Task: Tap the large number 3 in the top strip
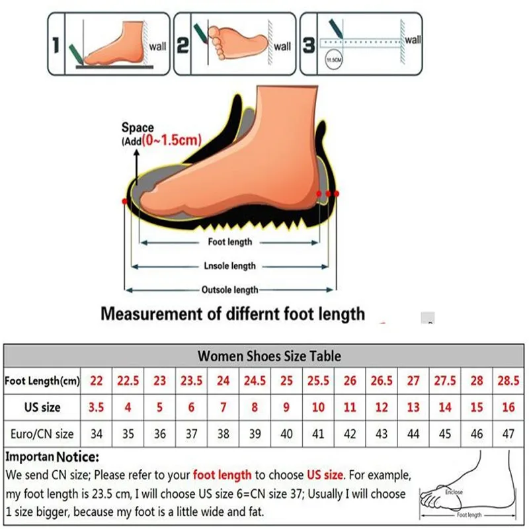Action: (308, 45)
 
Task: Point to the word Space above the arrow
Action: (138, 128)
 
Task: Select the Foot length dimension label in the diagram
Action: (230, 242)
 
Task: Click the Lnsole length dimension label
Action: (229, 266)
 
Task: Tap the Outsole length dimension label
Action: (229, 290)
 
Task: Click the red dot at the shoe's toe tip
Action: (125, 200)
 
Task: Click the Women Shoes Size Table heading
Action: (269, 356)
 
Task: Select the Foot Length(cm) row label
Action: (42, 381)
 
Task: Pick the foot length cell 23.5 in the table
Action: (192, 381)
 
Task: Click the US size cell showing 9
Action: (286, 407)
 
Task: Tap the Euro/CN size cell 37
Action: (192, 434)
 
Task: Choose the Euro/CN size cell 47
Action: (508, 434)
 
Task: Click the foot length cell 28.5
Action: (508, 381)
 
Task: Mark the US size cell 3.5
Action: (97, 407)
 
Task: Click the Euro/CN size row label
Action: (42, 434)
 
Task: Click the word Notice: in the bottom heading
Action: (77, 457)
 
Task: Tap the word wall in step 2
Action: (282, 46)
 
